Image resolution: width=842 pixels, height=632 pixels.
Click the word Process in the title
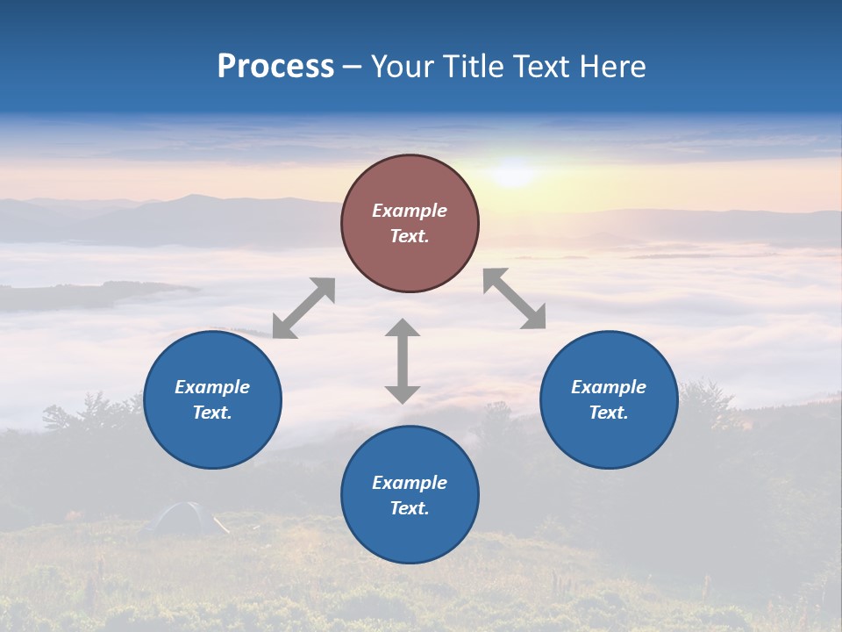tap(275, 67)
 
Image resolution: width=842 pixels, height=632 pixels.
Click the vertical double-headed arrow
tap(403, 361)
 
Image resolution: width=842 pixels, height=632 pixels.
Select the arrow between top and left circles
tap(303, 308)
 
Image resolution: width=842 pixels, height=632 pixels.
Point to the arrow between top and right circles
tap(515, 298)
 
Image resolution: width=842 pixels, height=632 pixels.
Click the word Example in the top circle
tap(410, 211)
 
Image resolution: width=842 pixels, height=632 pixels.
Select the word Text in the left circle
tap(211, 413)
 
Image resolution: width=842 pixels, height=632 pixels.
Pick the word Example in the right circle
tap(609, 387)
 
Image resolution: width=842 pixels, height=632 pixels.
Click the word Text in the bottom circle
tap(409, 508)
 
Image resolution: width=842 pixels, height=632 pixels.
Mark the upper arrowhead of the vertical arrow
tap(403, 328)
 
